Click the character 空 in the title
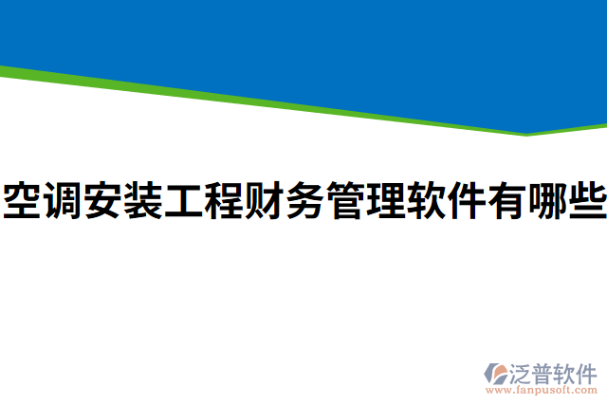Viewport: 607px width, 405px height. pos(22,201)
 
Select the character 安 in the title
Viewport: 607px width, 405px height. pos(102,201)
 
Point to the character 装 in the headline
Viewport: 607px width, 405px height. pos(142,201)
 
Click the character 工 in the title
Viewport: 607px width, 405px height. pos(183,201)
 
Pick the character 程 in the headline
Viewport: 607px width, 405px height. pos(223,201)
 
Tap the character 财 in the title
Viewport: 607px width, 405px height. pos(264,201)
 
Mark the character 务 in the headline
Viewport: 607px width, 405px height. pos(303,201)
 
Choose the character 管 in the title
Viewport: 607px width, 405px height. pos(344,201)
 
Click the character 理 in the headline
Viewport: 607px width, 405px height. pos(384,201)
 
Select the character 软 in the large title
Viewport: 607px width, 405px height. pos(425,201)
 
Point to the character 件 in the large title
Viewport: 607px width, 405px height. pos(465,201)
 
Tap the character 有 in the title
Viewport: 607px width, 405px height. pos(506,201)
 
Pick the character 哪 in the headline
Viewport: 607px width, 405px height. pos(545,201)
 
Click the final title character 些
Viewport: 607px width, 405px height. pos(585,201)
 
